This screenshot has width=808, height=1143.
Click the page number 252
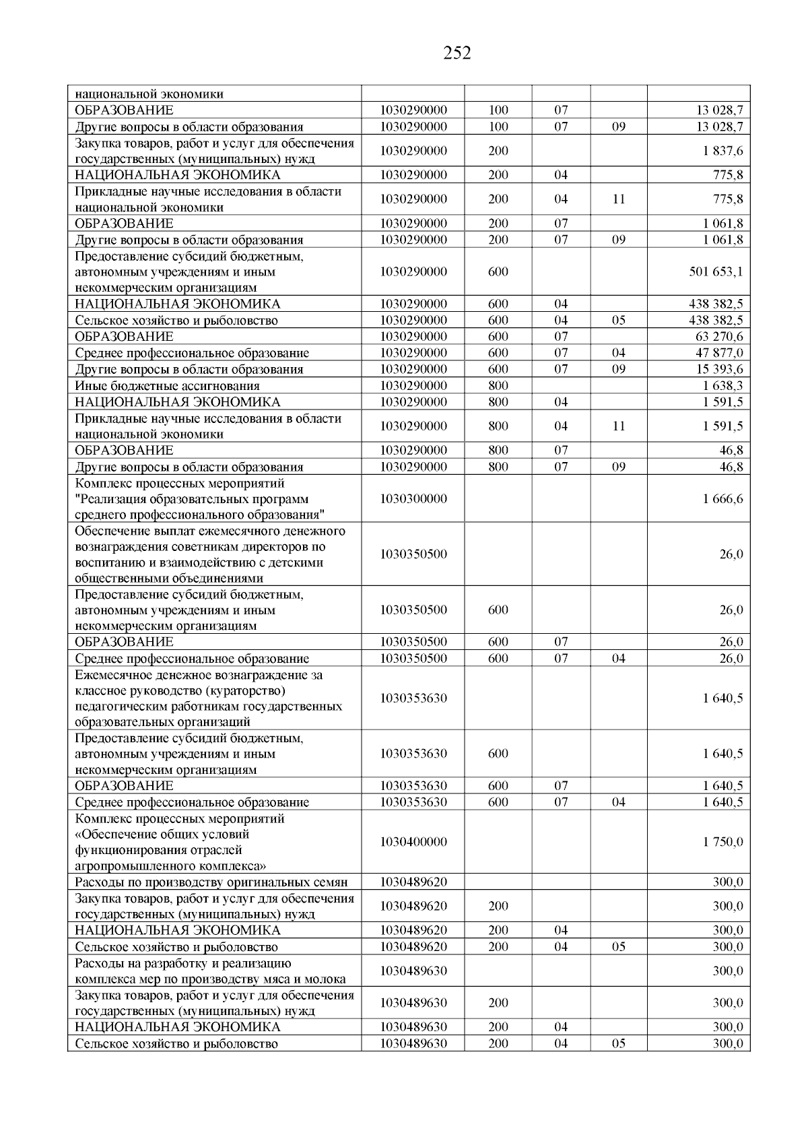(x=457, y=53)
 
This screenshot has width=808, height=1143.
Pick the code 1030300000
(x=413, y=499)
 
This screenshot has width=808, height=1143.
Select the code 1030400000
(x=413, y=842)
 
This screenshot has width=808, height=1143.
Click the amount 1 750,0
(x=723, y=842)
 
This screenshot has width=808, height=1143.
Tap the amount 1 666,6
(x=723, y=499)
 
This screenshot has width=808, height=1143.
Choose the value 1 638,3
(x=723, y=386)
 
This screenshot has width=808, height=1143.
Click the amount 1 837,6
(x=723, y=151)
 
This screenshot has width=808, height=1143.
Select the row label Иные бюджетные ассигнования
(x=167, y=386)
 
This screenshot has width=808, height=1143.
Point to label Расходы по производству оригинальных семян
(x=211, y=882)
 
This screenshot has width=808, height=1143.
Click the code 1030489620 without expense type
(x=413, y=882)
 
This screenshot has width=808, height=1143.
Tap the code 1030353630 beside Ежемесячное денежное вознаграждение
(x=413, y=698)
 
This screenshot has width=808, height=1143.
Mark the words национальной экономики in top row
(x=149, y=94)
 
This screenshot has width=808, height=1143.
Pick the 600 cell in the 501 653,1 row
(x=498, y=272)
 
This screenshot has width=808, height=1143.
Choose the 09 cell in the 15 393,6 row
(x=618, y=369)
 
